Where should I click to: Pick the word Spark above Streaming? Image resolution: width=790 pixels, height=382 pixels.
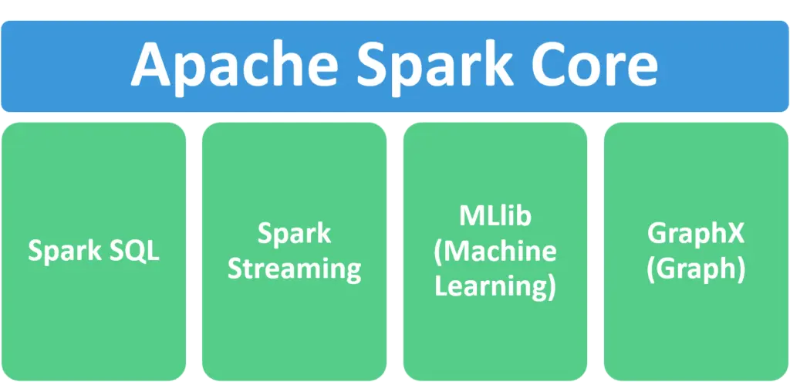click(x=294, y=234)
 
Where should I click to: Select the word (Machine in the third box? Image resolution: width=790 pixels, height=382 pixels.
click(x=495, y=252)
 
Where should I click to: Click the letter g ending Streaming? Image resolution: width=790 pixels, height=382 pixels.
click(x=353, y=272)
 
